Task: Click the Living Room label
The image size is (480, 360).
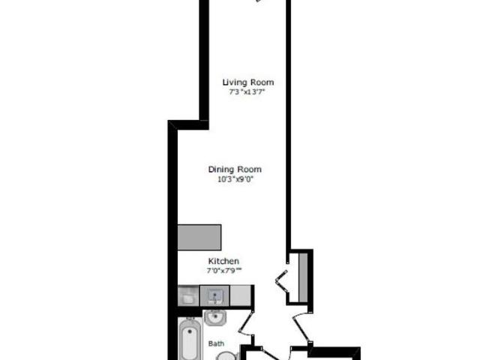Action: click(248, 82)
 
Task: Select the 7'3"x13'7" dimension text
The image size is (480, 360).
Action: click(248, 92)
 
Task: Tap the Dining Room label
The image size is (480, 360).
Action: click(236, 169)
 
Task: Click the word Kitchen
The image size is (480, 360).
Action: click(223, 261)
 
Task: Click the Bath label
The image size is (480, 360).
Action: click(216, 344)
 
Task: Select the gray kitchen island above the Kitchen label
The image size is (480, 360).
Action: click(199, 238)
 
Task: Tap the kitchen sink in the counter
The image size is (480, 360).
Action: click(215, 295)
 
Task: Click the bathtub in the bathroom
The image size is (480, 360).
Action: click(190, 341)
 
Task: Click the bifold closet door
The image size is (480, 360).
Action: click(282, 280)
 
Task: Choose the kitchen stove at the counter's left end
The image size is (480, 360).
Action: click(188, 295)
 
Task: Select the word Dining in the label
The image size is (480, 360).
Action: click(223, 169)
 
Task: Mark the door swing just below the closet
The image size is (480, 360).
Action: click(298, 322)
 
